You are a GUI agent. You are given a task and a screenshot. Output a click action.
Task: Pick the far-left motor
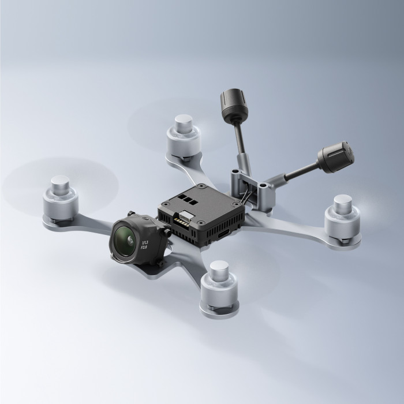[59, 197]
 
